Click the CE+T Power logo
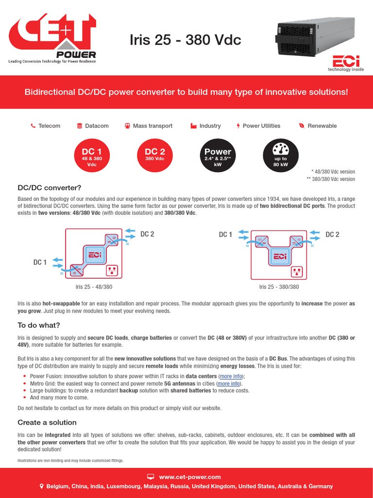coord(52,39)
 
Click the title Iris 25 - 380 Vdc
coord(186,40)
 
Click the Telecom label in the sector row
coord(49,126)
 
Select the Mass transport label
coord(153,126)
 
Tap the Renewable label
coord(322,126)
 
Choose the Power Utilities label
coord(261,126)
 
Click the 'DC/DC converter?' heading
coord(49,188)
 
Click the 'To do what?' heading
coord(38,325)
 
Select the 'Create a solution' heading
coord(47,422)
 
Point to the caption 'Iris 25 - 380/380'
coord(279,287)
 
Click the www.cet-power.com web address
coord(189,477)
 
